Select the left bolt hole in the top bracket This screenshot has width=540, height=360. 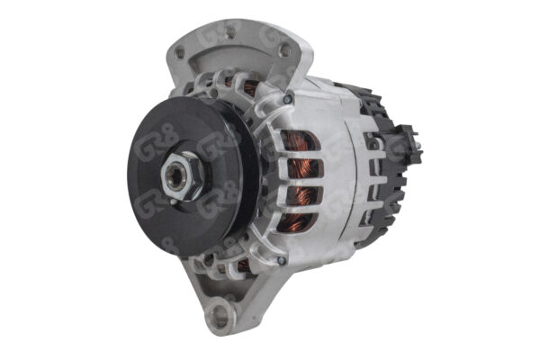click(x=185, y=53)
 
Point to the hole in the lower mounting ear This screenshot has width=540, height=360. click(x=219, y=316)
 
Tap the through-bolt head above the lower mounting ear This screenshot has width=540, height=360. click(x=282, y=260)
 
